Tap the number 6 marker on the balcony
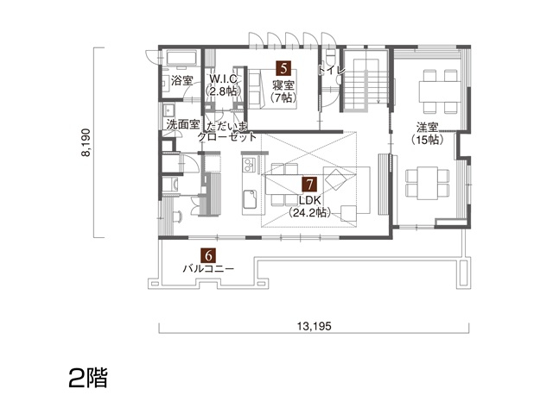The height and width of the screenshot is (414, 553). [x=207, y=255]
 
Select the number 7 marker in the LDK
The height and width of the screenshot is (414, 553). [x=308, y=184]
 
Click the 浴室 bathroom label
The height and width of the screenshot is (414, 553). [x=181, y=81]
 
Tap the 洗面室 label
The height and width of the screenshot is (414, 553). [x=182, y=125]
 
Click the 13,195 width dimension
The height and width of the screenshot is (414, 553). [x=315, y=326]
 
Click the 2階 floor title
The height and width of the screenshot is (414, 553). [x=87, y=378]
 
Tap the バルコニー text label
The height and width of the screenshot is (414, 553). [x=207, y=268]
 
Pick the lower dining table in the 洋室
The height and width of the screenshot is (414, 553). [x=428, y=180]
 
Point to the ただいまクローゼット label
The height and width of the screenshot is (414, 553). [x=227, y=131]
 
